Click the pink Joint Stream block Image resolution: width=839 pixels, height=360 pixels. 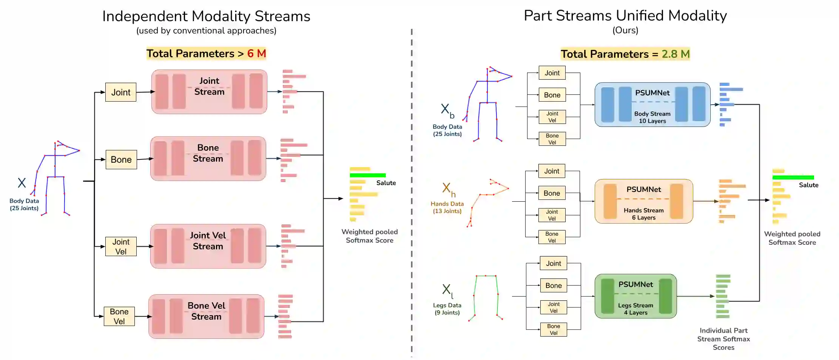click(209, 91)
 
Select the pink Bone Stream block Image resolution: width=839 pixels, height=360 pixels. click(208, 158)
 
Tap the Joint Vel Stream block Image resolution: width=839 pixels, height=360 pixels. click(208, 246)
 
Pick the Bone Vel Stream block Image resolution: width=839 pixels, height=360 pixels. click(206, 316)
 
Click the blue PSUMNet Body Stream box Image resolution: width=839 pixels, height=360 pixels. click(652, 105)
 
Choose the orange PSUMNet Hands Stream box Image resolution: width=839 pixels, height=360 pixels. click(643, 201)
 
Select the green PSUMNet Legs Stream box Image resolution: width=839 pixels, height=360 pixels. click(635, 296)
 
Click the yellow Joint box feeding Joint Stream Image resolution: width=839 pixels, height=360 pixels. click(121, 92)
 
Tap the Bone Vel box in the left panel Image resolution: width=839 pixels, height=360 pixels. click(119, 316)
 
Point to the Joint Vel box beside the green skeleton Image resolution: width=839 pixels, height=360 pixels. click(554, 307)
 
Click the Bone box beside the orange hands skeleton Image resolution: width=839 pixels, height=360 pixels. click(552, 193)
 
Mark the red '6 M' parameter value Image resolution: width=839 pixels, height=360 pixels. click(256, 54)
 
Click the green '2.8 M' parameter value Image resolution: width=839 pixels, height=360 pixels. click(676, 54)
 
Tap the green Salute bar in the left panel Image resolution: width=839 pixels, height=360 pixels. click(367, 175)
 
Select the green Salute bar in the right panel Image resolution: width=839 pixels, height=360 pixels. click(793, 178)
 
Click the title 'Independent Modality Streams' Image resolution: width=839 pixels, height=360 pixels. click(206, 16)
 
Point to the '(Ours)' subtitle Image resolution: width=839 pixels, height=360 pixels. click(625, 30)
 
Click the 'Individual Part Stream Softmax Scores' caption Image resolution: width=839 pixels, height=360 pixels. click(723, 339)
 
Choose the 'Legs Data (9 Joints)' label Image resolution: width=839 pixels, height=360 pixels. click(447, 309)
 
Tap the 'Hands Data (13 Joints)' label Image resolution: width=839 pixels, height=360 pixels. click(447, 207)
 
